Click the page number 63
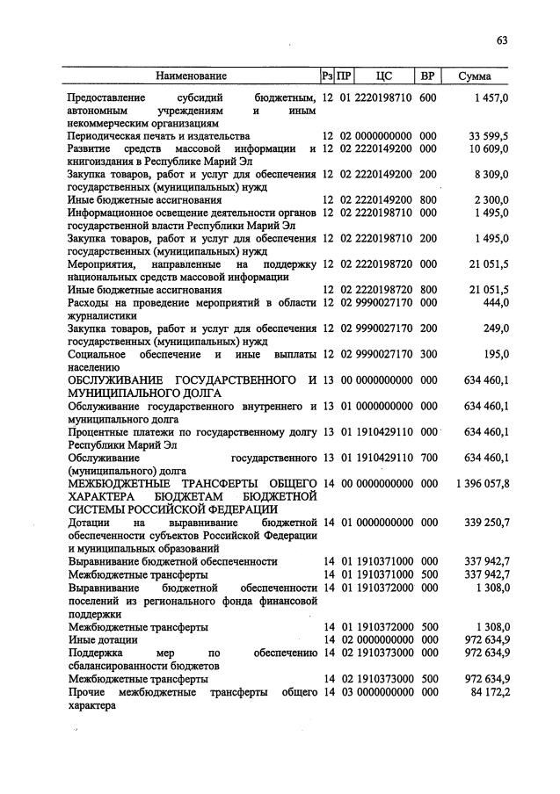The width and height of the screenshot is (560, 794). point(502,40)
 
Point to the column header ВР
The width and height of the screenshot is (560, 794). point(428,77)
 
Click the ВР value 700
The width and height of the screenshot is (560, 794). point(428,457)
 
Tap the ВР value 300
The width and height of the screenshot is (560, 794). point(428,353)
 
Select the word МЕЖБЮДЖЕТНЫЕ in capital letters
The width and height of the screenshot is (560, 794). point(114,482)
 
